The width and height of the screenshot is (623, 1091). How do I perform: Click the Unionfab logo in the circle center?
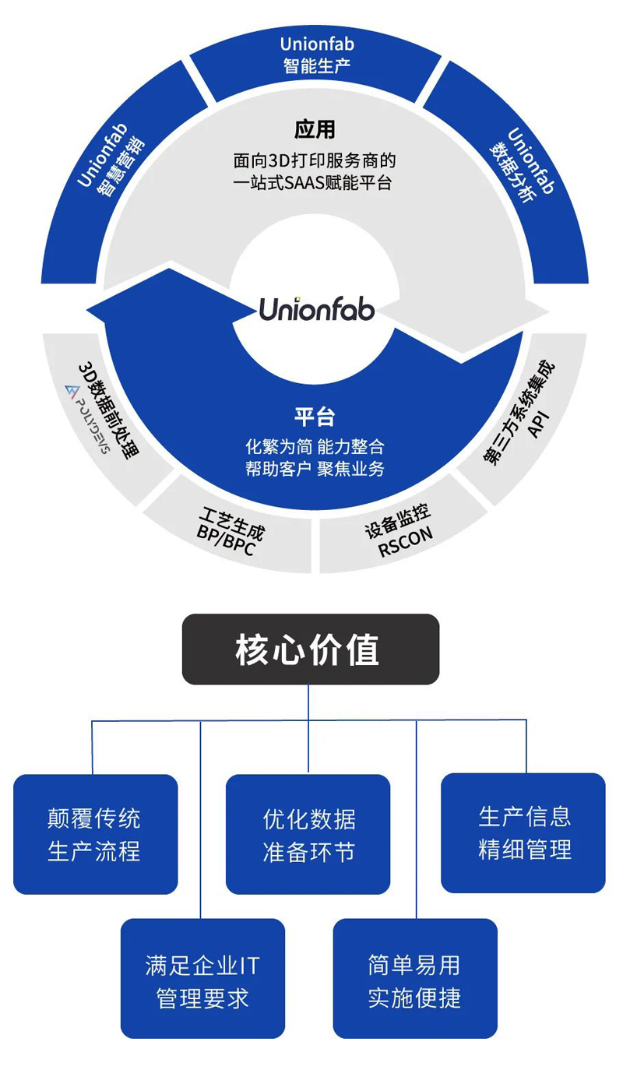tap(316, 309)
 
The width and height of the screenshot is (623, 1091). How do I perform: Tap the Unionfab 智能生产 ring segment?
tap(316, 55)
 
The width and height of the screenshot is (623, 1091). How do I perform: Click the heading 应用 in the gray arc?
tap(315, 128)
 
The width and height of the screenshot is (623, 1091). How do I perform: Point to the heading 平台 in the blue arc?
tap(315, 417)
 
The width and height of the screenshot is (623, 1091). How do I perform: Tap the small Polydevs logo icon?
tap(72, 390)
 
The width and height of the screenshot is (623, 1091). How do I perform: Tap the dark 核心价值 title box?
tap(310, 649)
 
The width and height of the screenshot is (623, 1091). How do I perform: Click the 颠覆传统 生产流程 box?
tap(95, 834)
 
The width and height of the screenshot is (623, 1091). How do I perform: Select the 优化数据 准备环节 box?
tap(308, 834)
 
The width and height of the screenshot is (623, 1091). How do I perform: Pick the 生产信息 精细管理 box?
tap(523, 832)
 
